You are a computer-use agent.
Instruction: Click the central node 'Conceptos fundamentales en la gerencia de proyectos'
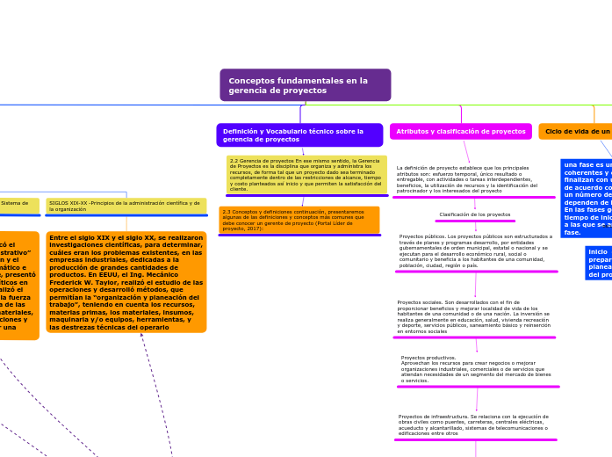(x=305, y=85)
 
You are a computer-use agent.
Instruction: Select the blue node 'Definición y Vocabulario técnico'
(x=299, y=135)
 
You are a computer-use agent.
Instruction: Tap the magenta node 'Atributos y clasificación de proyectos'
(x=460, y=132)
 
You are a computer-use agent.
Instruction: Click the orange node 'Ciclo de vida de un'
(x=576, y=132)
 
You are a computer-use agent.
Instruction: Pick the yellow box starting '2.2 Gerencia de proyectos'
(x=306, y=174)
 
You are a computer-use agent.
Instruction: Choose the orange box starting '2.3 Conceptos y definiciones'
(x=299, y=219)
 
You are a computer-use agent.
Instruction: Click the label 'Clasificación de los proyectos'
(x=475, y=214)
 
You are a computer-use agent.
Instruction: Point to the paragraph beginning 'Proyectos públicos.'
(x=474, y=250)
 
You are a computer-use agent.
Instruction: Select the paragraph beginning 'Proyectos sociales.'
(x=474, y=316)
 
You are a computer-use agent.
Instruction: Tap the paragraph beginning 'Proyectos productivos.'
(x=476, y=369)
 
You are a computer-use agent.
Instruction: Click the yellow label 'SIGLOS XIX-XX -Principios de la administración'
(x=125, y=206)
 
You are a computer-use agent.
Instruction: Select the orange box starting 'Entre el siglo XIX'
(x=126, y=281)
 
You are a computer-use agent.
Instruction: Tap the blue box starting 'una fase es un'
(x=587, y=199)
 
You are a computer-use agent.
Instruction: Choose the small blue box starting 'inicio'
(x=599, y=263)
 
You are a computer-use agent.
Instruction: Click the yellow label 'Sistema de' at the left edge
(x=15, y=203)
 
